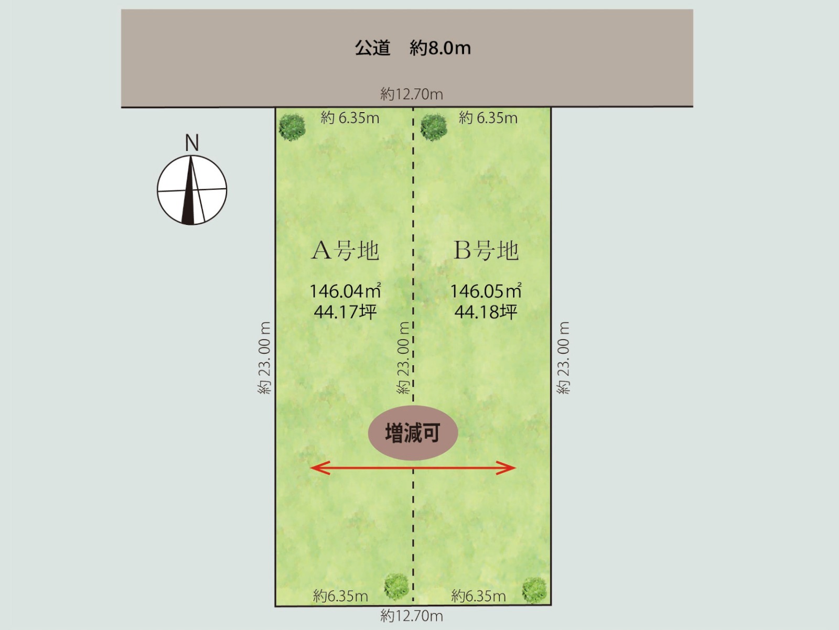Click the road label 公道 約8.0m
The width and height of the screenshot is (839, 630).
(x=413, y=48)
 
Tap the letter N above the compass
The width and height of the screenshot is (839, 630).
(x=192, y=143)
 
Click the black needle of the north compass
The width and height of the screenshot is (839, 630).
(x=188, y=190)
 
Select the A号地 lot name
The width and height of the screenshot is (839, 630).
(x=345, y=251)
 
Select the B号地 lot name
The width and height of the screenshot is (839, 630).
(x=486, y=251)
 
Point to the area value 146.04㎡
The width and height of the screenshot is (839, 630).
(x=345, y=291)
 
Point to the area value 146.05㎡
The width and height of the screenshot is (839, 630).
(x=486, y=291)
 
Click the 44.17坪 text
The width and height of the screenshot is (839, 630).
(x=345, y=312)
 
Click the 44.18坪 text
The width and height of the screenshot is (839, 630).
(x=486, y=312)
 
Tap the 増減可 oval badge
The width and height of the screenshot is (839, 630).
(x=413, y=433)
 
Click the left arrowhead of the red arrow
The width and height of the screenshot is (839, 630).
(x=320, y=468)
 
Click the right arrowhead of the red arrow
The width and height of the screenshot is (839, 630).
(x=506, y=468)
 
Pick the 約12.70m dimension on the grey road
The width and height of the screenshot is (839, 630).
(x=412, y=94)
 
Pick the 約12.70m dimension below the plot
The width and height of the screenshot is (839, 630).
(x=412, y=616)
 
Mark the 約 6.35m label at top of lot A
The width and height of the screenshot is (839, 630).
(x=350, y=118)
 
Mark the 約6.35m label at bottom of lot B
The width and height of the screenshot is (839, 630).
(x=479, y=596)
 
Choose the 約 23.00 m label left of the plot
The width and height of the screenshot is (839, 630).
(x=264, y=357)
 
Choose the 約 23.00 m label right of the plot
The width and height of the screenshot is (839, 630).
(x=563, y=357)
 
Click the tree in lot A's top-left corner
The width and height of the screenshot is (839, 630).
(x=293, y=127)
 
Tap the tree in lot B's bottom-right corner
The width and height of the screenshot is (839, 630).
(x=534, y=590)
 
